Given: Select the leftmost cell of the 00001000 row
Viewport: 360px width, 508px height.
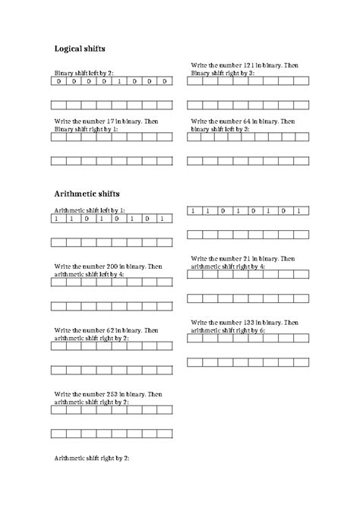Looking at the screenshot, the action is (58, 81).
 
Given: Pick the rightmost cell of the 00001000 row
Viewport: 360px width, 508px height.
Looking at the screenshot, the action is (165, 81).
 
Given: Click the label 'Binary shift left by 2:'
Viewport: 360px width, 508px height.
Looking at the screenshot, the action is (83, 73).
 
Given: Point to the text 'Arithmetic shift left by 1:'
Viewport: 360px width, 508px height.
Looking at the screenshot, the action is (90, 210).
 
